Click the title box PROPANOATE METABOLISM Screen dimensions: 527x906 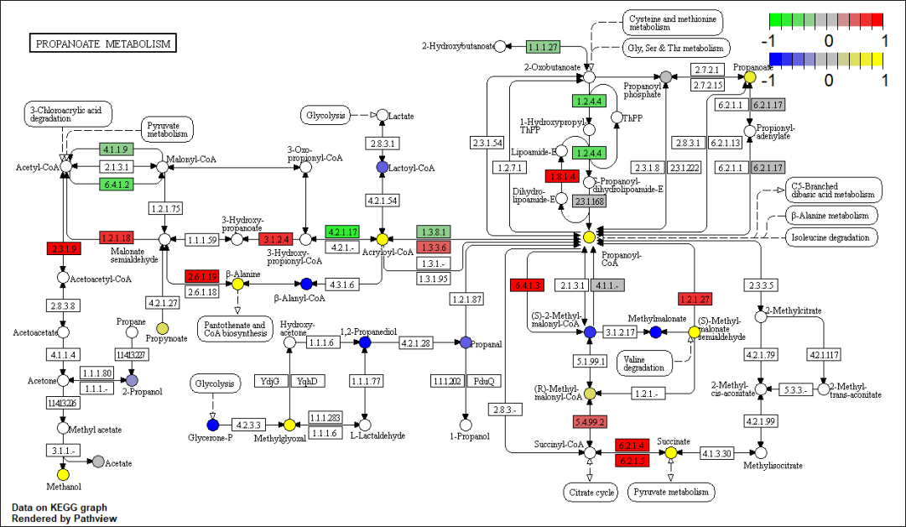pos(102,44)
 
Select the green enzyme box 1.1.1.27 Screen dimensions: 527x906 pos(543,46)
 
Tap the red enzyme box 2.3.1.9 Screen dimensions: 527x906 pos(62,248)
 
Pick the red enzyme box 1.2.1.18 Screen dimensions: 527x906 pos(117,237)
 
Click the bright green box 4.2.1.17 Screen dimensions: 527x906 pos(342,232)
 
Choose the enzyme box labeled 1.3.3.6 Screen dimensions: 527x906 pos(433,247)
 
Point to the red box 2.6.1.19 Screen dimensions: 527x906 pos(202,277)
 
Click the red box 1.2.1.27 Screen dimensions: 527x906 pos(695,299)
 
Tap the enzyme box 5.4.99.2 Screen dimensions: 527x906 pos(590,421)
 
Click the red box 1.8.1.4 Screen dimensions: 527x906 pos(561,176)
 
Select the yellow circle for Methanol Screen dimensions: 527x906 pos(63,474)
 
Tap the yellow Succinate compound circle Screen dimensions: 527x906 pos(671,453)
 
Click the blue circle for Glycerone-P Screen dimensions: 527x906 pos(212,425)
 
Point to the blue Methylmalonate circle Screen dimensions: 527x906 pos(656,332)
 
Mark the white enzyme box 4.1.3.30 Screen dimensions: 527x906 pos(717,453)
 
